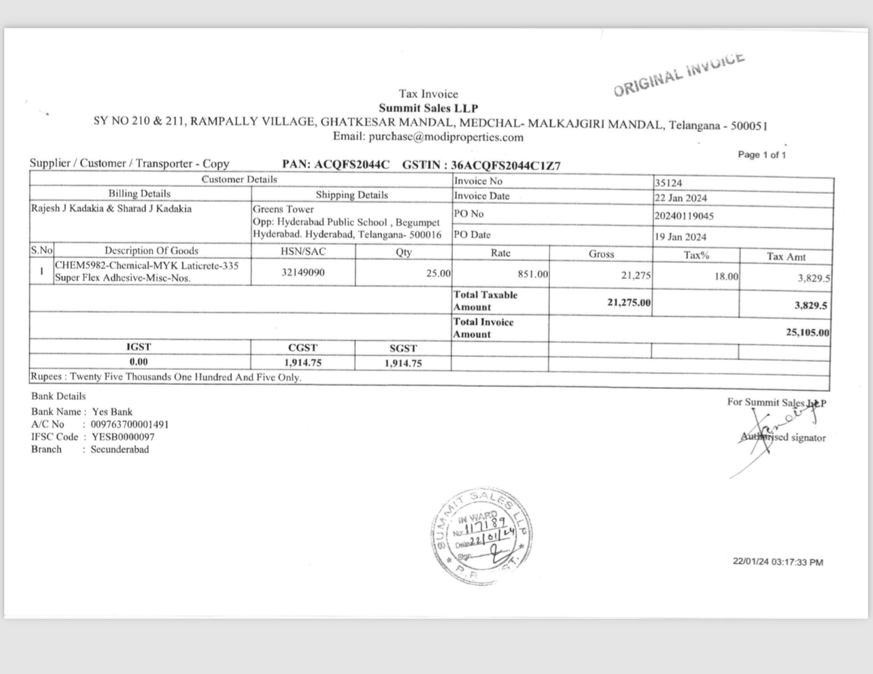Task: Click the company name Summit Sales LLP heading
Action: (x=428, y=108)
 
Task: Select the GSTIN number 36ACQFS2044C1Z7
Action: (x=506, y=165)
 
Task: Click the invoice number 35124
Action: (x=668, y=183)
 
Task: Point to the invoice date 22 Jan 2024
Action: (x=681, y=198)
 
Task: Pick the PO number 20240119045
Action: (x=684, y=216)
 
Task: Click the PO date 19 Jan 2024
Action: (x=681, y=237)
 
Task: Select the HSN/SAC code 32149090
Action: (x=303, y=273)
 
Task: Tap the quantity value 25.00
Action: (x=438, y=273)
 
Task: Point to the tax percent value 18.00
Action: (x=725, y=276)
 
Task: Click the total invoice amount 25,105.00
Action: (x=807, y=333)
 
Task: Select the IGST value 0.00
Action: (x=139, y=362)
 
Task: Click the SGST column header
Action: (x=403, y=348)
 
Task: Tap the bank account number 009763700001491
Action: (x=130, y=424)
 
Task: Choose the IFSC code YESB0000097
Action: (x=123, y=437)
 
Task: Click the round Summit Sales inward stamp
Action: (x=480, y=536)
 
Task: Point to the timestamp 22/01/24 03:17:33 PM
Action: (x=778, y=562)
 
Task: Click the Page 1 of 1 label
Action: (x=761, y=154)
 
